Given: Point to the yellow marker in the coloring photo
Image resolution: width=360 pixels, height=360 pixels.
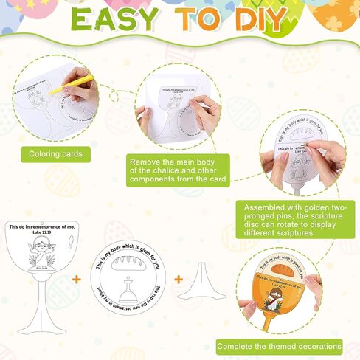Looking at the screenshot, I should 64,83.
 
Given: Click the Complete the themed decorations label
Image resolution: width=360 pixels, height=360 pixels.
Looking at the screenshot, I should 279,345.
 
